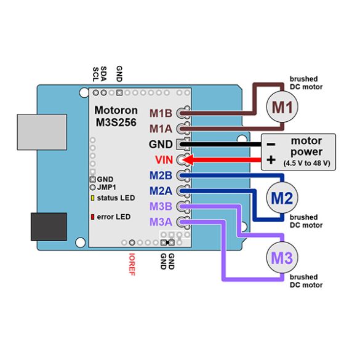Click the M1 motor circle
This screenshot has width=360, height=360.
click(282, 106)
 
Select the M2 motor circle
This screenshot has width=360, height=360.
click(282, 198)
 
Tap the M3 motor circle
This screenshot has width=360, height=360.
click(282, 257)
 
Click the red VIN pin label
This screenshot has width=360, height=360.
click(164, 160)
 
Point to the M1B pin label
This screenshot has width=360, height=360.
click(161, 113)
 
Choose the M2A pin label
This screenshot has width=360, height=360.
click(161, 191)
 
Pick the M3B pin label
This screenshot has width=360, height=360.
click(161, 206)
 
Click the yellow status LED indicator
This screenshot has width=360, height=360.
click(92, 198)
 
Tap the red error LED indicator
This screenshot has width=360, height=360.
click(92, 217)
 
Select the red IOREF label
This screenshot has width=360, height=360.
click(132, 264)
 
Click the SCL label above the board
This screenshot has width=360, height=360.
click(95, 74)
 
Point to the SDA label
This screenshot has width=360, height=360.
click(104, 74)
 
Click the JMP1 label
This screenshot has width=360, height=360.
click(106, 187)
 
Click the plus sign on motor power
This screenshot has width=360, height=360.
click(271, 159)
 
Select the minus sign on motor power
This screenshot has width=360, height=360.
click(271, 145)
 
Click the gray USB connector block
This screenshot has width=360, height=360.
click(42, 132)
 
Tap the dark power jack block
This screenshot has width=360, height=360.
click(49, 226)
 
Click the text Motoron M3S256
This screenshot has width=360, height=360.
click(116, 116)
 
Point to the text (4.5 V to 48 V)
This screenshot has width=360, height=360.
click(306, 163)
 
